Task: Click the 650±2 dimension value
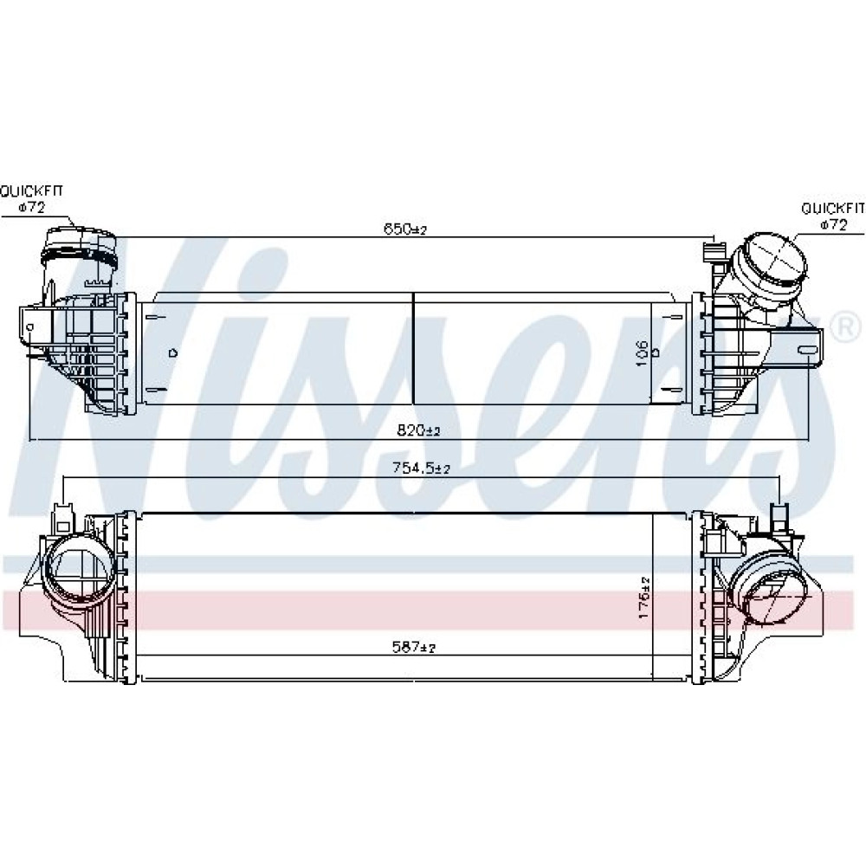[x=406, y=229]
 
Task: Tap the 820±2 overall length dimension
[x=418, y=430]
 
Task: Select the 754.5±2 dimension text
[x=422, y=469]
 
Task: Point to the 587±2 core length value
[x=414, y=646]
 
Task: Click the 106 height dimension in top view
[x=641, y=353]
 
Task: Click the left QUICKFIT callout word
[x=31, y=191]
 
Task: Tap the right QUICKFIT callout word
[x=833, y=208]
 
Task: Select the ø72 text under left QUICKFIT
[x=31, y=208]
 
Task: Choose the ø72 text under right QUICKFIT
[x=833, y=225]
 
